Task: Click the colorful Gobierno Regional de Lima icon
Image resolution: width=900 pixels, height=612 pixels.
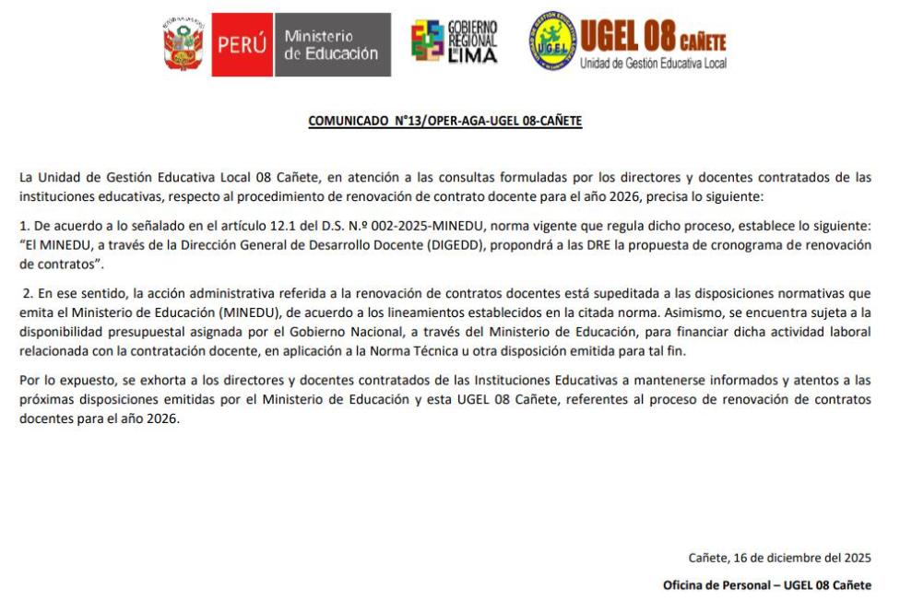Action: [427, 42]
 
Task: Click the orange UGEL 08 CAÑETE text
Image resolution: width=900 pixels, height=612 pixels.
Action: [653, 39]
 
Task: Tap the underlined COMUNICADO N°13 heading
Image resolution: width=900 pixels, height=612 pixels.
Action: [444, 121]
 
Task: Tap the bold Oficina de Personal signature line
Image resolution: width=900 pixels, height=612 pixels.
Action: [766, 585]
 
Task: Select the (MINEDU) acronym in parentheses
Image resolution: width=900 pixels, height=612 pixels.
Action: [247, 312]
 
